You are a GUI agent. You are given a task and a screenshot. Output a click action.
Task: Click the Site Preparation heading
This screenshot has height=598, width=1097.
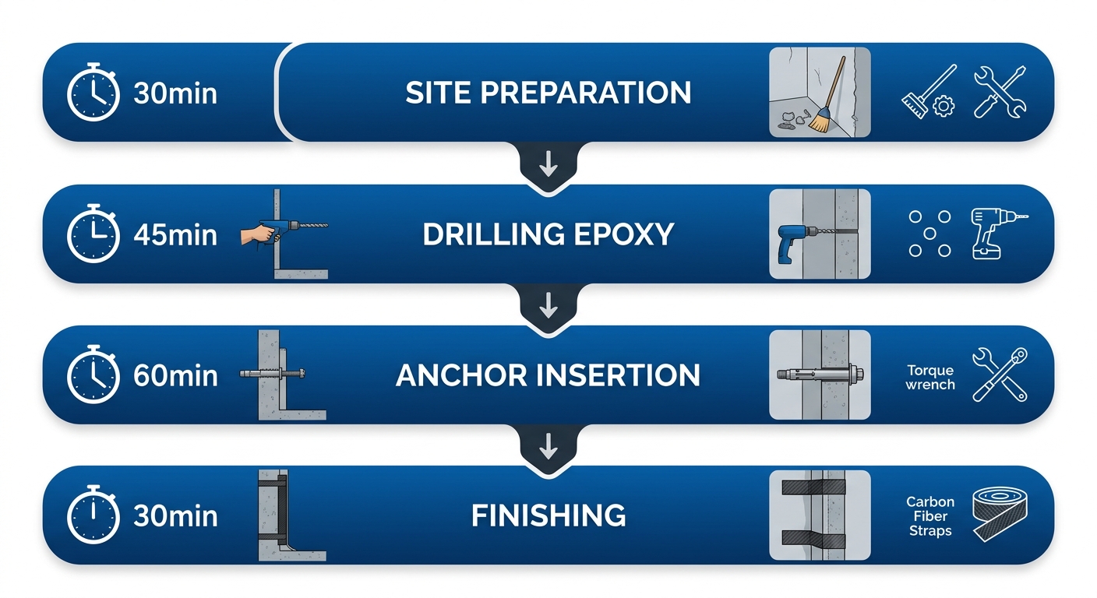tap(548, 93)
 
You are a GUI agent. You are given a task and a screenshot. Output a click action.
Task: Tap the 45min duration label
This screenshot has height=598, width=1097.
tap(175, 234)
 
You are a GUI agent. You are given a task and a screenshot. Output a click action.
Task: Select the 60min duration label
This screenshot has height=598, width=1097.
tap(175, 375)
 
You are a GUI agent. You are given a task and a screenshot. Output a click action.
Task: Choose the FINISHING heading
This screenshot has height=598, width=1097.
tap(548, 515)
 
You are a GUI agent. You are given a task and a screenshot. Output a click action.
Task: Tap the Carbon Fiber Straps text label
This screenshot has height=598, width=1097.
tap(930, 516)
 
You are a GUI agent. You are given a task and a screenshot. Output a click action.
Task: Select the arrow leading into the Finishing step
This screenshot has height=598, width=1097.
tap(548, 448)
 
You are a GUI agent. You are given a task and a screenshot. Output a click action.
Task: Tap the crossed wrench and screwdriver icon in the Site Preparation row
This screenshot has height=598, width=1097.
tap(1000, 93)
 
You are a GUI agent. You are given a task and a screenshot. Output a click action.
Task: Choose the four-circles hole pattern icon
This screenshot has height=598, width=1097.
tap(930, 233)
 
